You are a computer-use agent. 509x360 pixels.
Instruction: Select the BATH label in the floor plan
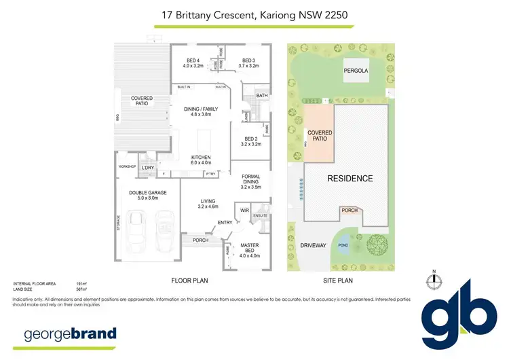tap(263, 96)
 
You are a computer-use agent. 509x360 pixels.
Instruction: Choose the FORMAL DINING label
tap(250, 180)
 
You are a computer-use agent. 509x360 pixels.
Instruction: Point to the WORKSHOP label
tap(128, 166)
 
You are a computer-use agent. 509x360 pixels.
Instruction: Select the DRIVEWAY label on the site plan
tap(313, 245)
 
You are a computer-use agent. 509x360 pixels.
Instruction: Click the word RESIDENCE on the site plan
tap(350, 179)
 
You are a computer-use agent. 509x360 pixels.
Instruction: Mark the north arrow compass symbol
tap(433, 281)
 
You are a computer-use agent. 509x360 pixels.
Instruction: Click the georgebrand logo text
tap(71, 334)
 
